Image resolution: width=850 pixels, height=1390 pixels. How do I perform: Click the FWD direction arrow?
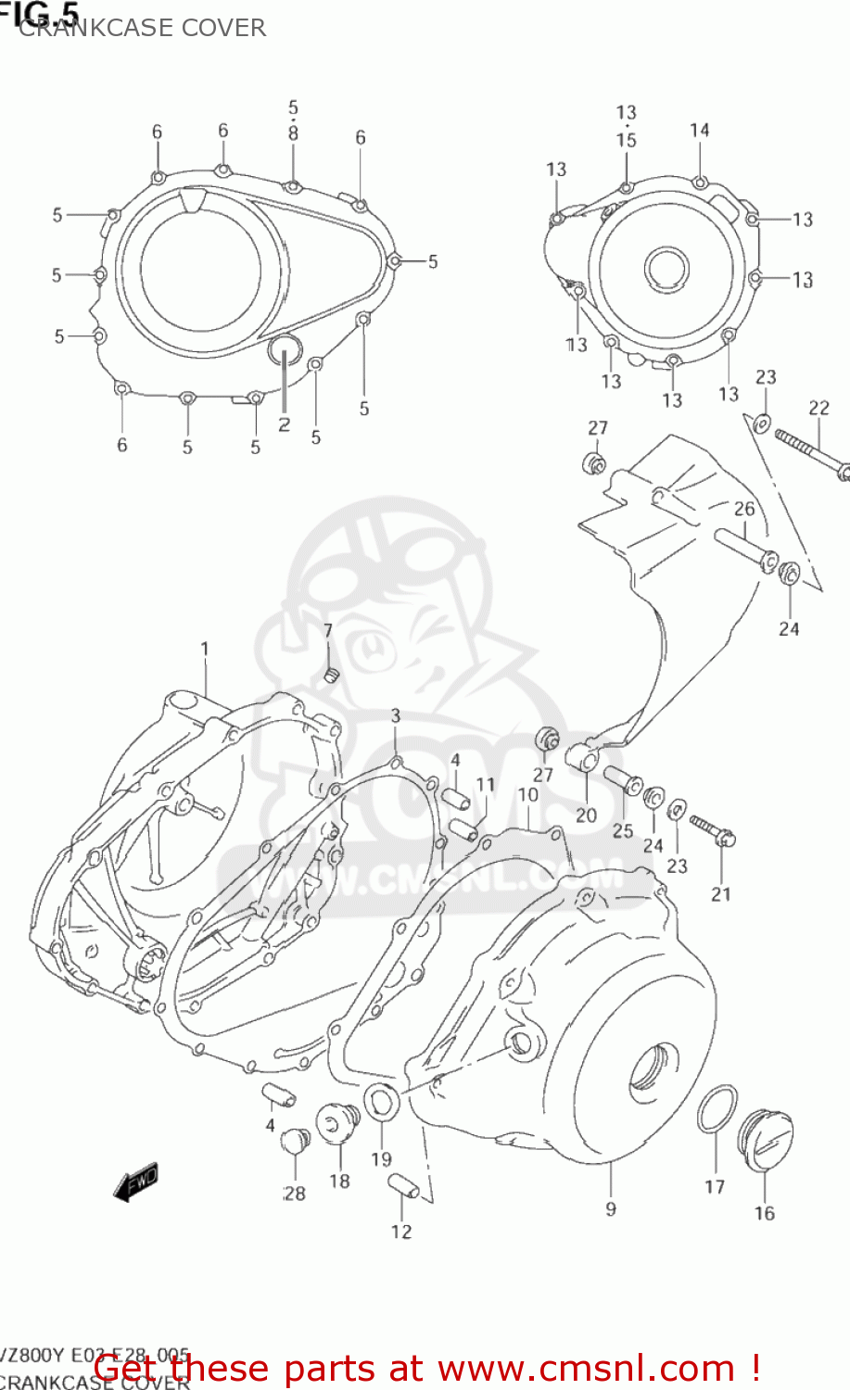click(x=136, y=1181)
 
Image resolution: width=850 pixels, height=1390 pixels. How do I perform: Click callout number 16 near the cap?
click(x=764, y=1213)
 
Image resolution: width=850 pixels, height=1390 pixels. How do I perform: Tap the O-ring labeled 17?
click(x=717, y=1108)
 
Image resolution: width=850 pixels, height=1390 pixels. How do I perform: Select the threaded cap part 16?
click(x=766, y=1139)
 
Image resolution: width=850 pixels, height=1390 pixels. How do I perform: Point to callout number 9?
click(x=610, y=1208)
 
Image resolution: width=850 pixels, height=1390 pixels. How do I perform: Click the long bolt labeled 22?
click(x=810, y=450)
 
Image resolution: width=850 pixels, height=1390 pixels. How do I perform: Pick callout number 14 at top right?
click(x=700, y=131)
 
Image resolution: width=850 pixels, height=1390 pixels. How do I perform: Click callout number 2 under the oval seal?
click(x=284, y=425)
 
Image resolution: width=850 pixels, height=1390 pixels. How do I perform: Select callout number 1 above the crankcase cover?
click(x=204, y=649)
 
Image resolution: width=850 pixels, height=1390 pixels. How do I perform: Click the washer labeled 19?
click(x=382, y=1103)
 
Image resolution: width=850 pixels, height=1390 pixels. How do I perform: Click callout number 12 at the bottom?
click(x=400, y=1232)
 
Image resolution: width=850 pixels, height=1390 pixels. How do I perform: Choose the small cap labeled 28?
click(x=295, y=1141)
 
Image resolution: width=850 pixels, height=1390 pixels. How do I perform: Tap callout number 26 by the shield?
click(x=744, y=509)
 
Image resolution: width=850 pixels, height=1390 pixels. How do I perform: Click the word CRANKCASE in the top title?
click(x=80, y=28)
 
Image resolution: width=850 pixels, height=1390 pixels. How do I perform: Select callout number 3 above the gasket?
click(x=396, y=715)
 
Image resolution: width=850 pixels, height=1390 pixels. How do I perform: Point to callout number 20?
click(x=586, y=815)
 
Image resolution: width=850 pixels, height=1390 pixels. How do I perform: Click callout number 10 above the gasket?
click(x=527, y=794)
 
